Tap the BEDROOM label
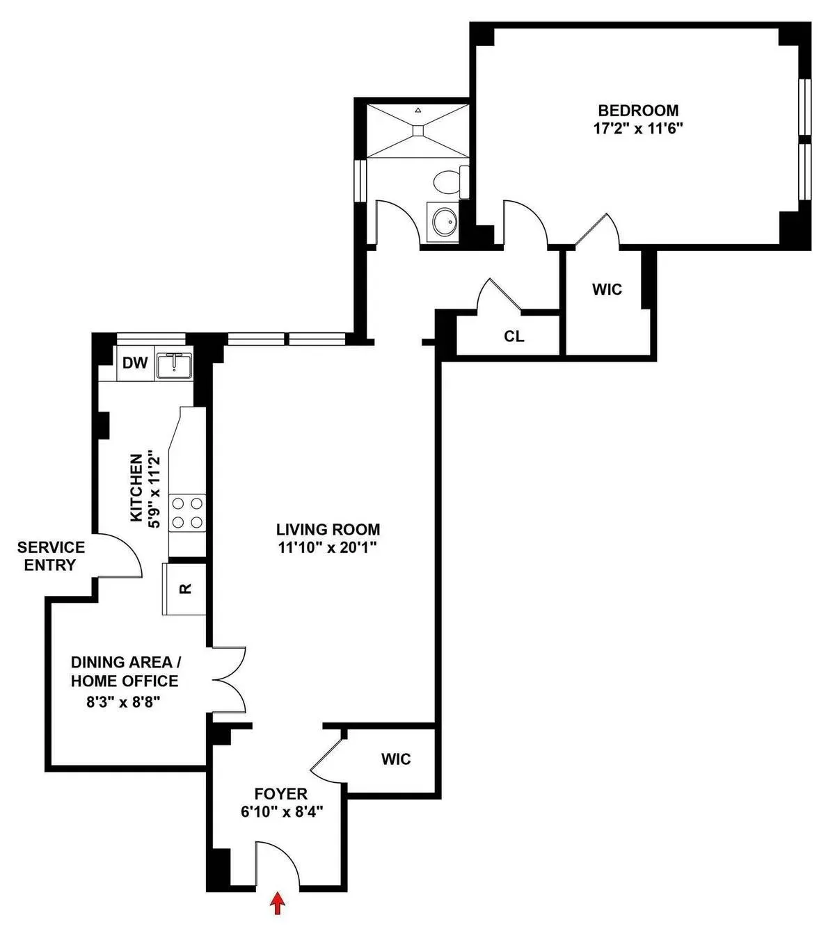[638, 110]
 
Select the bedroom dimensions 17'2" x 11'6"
[638, 128]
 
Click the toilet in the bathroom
[449, 182]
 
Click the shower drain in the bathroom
[417, 129]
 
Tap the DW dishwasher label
[134, 363]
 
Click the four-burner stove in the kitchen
[187, 512]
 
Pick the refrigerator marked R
[185, 589]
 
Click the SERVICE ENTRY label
[51, 556]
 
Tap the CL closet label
[514, 337]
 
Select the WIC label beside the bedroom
[607, 289]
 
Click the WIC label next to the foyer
[395, 759]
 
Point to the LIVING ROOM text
[328, 530]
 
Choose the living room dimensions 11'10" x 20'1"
[328, 548]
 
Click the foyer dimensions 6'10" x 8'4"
[281, 811]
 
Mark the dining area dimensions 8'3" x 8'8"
[123, 702]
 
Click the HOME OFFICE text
[124, 681]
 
